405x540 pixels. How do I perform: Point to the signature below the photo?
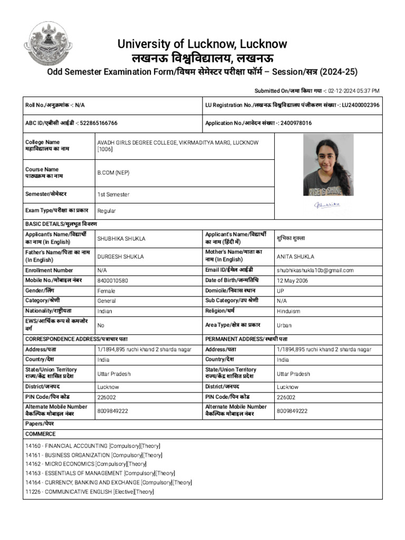click(327, 205)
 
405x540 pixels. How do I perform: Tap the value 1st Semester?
click(113, 195)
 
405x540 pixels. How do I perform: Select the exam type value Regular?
click(107, 211)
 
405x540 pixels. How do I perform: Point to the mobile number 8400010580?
click(112, 281)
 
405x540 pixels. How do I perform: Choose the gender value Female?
click(106, 291)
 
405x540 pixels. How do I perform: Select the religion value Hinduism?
click(288, 311)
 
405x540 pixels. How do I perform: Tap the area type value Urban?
click(284, 325)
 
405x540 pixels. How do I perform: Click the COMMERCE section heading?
click(41, 434)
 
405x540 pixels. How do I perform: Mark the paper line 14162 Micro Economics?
click(86, 464)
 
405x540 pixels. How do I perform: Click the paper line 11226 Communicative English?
click(90, 491)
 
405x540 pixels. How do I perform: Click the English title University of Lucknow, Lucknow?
click(202, 44)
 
